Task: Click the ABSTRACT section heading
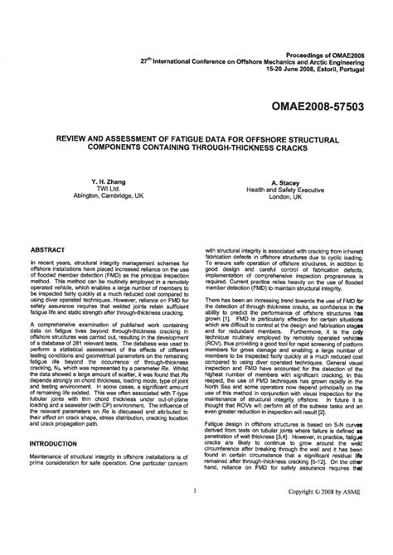47,249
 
